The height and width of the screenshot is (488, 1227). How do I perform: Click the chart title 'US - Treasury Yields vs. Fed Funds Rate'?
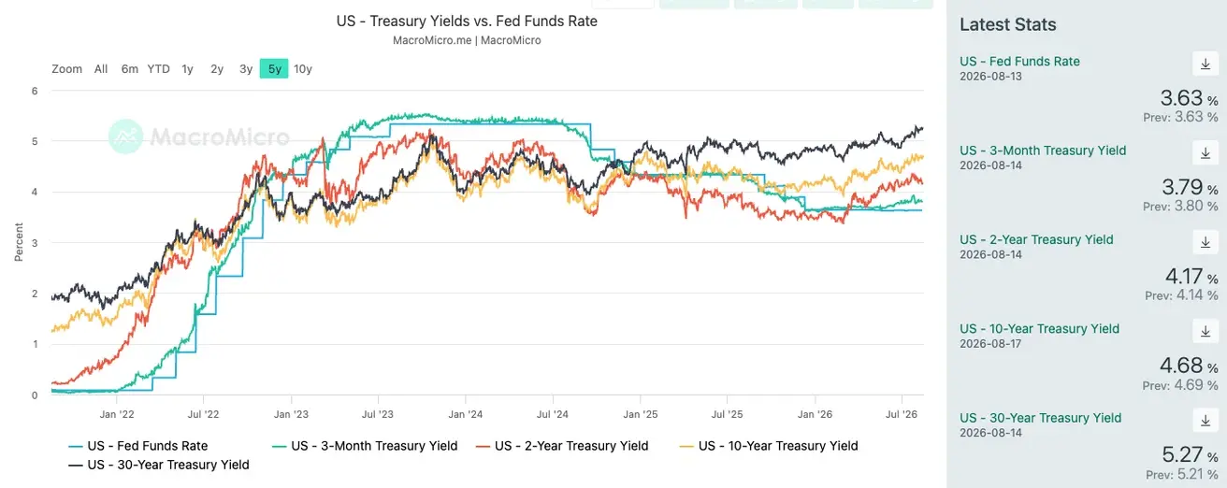click(467, 22)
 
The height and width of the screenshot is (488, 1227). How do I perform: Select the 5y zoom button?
click(274, 68)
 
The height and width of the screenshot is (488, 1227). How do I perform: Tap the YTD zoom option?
click(158, 69)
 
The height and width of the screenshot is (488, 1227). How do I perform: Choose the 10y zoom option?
click(303, 69)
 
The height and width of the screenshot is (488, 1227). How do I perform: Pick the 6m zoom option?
click(130, 69)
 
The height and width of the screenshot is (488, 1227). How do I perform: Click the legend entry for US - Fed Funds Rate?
click(138, 446)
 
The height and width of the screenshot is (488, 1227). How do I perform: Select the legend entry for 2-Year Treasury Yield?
click(563, 446)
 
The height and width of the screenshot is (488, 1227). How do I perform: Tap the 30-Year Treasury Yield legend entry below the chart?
click(159, 465)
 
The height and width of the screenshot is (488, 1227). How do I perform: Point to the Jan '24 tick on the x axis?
click(465, 414)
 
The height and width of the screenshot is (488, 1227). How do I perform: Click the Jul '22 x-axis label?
click(203, 414)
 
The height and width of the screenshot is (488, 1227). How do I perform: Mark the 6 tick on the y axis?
click(35, 91)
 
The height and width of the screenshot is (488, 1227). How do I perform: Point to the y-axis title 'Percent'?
click(19, 242)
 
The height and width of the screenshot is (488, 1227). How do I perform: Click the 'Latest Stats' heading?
click(1008, 24)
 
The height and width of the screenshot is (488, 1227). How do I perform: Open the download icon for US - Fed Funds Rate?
click(1205, 65)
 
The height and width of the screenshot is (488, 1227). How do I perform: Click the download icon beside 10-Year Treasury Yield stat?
click(1205, 331)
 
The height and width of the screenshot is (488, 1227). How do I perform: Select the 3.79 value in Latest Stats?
click(1182, 187)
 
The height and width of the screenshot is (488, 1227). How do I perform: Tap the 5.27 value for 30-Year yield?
click(1182, 454)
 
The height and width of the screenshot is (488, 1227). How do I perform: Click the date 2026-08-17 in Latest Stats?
click(990, 344)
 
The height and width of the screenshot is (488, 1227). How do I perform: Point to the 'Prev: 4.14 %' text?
click(1181, 295)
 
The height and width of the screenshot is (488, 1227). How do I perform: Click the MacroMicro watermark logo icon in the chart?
click(125, 136)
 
